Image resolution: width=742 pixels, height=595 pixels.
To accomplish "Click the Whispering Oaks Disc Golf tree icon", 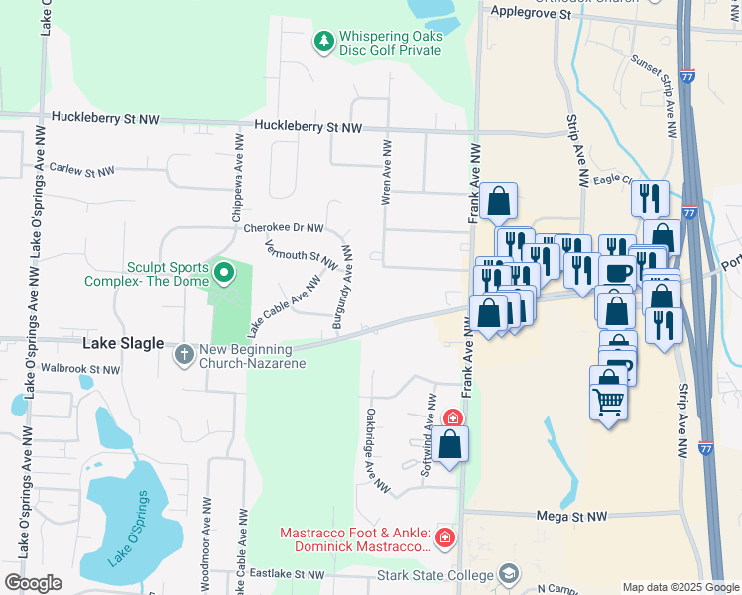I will click(322, 41).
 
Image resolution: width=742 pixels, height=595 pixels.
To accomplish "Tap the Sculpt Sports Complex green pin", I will click(224, 271).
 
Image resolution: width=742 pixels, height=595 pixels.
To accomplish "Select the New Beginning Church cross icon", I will click(185, 353).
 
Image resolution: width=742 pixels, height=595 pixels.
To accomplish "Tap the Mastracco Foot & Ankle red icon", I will click(446, 538).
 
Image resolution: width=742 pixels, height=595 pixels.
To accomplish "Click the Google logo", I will click(33, 583).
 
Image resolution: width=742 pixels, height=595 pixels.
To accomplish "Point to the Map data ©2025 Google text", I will click(680, 587).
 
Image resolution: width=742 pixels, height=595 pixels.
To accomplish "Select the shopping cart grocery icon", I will click(607, 401).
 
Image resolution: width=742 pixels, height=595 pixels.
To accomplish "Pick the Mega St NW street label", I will click(570, 517).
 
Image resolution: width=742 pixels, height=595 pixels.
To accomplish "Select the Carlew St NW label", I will click(82, 171).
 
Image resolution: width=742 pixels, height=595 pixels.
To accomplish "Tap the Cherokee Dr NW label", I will click(284, 228).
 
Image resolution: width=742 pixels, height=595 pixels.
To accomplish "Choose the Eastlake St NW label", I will click(287, 574).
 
